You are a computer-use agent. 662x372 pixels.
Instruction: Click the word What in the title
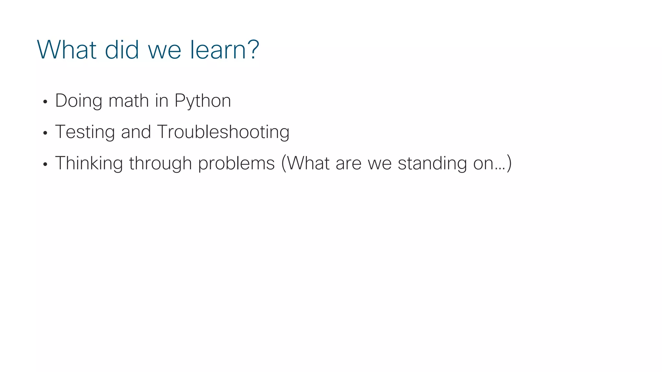coord(67,50)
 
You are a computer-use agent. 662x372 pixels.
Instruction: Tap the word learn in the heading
coord(220,50)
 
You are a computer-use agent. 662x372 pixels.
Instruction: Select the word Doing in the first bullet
coord(79,101)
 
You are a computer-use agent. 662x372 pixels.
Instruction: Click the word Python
coord(203,101)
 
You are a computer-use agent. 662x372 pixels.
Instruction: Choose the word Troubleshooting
coord(223,132)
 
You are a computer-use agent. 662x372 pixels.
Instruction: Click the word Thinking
coord(89,163)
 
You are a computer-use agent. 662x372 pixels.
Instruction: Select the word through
coord(160,163)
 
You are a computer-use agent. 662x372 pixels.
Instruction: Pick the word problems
coord(236,163)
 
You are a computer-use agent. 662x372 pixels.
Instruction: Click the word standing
coord(432,163)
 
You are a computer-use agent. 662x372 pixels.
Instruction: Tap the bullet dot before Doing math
coord(45,102)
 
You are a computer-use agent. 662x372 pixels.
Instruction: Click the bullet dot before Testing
coord(45,133)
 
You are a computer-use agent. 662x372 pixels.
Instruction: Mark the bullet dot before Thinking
coord(45,164)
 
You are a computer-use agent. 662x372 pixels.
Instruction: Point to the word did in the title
coord(122,50)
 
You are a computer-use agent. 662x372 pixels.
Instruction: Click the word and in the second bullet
coord(136,132)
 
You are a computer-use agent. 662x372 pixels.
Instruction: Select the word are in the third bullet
coord(348,163)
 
